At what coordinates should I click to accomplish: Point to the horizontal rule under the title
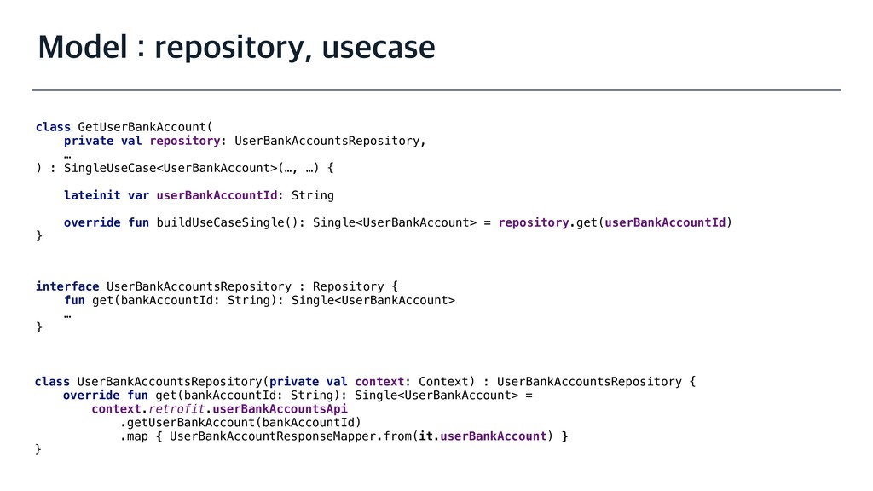pos(436,89)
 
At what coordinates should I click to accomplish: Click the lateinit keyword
pos(92,195)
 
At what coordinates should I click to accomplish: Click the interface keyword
pos(67,286)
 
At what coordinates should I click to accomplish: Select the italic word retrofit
pos(176,409)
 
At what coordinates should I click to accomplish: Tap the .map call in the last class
pos(134,436)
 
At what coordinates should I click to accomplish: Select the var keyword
pos(138,195)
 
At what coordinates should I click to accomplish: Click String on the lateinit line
pos(313,195)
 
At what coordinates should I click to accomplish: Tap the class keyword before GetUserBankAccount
pos(53,127)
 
